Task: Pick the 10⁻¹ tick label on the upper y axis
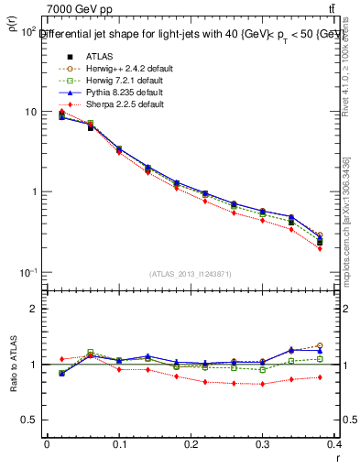click(27, 273)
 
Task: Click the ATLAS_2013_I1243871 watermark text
click(191, 274)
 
